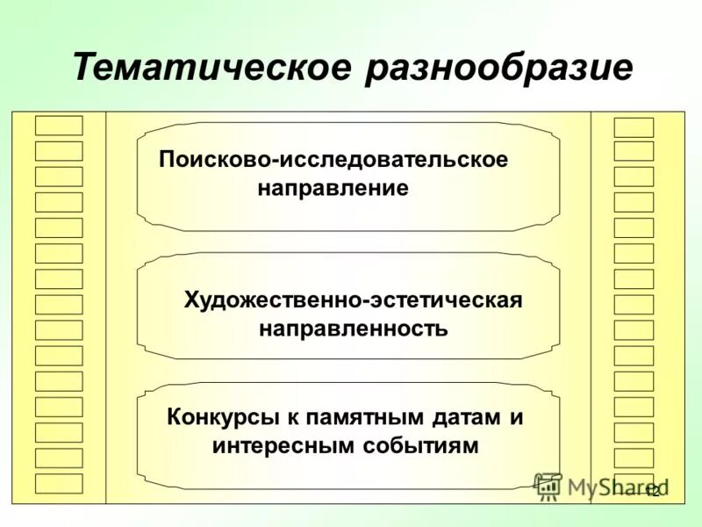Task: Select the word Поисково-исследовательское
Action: pyautogui.click(x=333, y=161)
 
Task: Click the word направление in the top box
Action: pyautogui.click(x=333, y=189)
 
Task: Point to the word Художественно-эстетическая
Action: pyautogui.click(x=353, y=300)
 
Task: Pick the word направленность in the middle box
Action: pyautogui.click(x=353, y=329)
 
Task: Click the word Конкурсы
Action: pyautogui.click(x=219, y=416)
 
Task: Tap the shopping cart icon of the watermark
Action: pyautogui.click(x=548, y=486)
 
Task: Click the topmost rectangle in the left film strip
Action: pyautogui.click(x=59, y=125)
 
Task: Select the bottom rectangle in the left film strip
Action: pyautogui.click(x=59, y=483)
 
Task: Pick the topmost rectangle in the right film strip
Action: pyautogui.click(x=634, y=127)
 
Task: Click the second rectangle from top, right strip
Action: pyautogui.click(x=634, y=151)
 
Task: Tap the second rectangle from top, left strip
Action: pyautogui.click(x=59, y=150)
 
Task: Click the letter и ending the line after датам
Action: pyautogui.click(x=516, y=417)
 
